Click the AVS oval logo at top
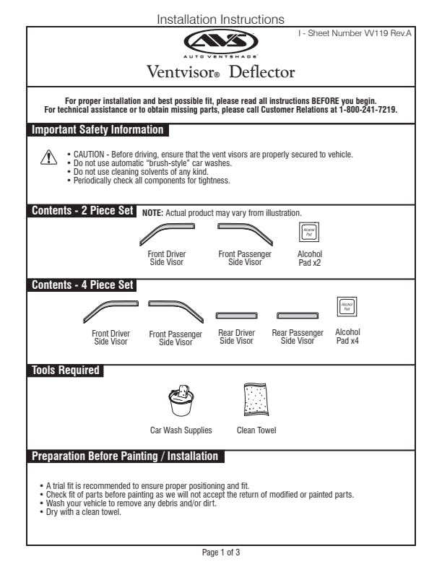point(220,41)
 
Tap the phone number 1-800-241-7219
point(368,110)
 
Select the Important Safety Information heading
point(98,130)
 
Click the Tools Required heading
point(65,370)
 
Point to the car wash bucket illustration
point(181,402)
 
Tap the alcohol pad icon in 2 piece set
point(309,233)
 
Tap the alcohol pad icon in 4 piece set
point(347,307)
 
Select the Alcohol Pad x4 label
point(347,337)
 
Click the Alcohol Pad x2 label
point(309,258)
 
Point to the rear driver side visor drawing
point(236,316)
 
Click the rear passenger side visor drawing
point(297,316)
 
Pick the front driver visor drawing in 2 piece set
point(165,233)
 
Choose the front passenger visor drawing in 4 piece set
point(175,310)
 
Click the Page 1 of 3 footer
point(221,552)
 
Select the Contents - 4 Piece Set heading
point(82,285)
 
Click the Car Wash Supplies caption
point(181,430)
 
